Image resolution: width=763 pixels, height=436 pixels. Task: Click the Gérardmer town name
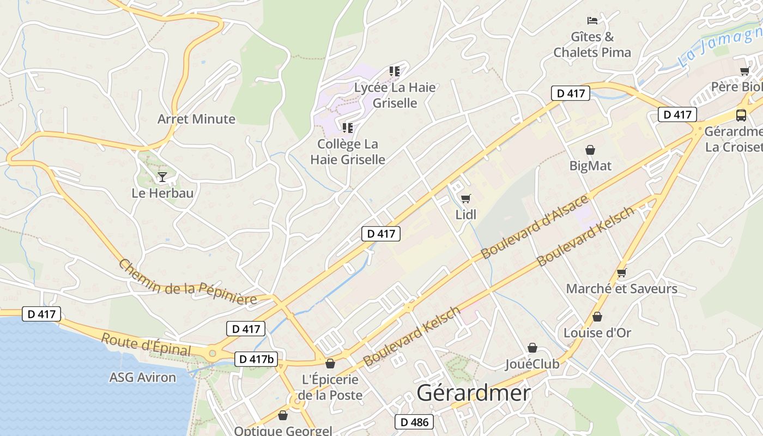click(474, 393)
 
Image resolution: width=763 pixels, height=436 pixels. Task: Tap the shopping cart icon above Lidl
click(465, 198)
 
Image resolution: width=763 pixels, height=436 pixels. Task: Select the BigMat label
click(590, 166)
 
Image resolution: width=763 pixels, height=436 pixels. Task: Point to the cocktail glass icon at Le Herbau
click(162, 177)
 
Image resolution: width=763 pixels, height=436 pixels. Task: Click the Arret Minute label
click(196, 119)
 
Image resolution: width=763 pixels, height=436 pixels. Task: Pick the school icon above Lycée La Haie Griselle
click(395, 71)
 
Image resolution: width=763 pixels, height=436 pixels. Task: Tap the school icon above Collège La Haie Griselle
click(347, 128)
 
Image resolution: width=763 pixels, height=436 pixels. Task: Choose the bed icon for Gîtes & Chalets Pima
click(592, 21)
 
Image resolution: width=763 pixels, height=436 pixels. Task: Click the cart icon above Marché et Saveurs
click(621, 272)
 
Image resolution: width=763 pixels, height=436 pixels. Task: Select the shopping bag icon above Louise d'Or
click(597, 317)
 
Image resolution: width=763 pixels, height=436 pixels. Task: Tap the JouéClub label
click(532, 364)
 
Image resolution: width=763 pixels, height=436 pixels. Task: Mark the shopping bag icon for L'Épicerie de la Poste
click(330, 364)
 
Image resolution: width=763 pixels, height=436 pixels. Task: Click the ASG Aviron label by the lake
click(143, 377)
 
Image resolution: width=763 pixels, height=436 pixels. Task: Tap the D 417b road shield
click(256, 359)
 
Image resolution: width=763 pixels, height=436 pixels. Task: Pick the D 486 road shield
click(414, 422)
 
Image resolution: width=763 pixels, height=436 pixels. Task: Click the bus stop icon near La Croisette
click(741, 115)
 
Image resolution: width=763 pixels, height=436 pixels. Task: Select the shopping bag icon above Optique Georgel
click(283, 416)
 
